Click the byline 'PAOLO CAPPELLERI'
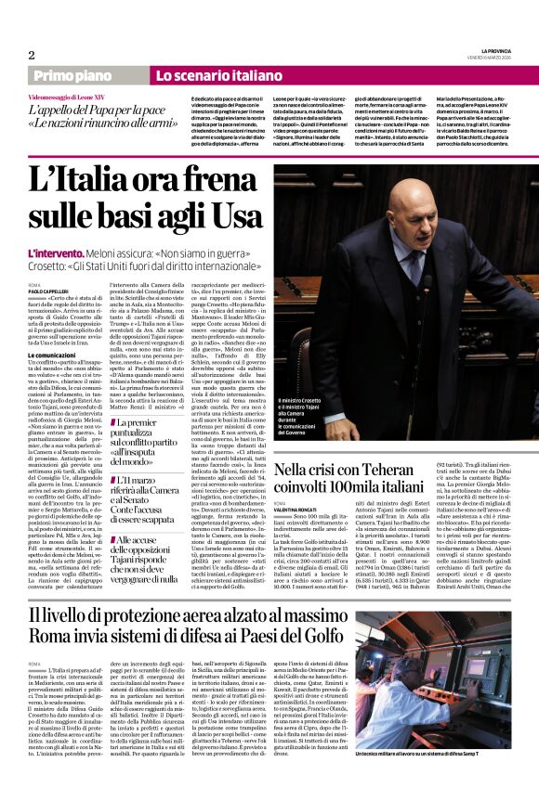(x=48, y=290)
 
